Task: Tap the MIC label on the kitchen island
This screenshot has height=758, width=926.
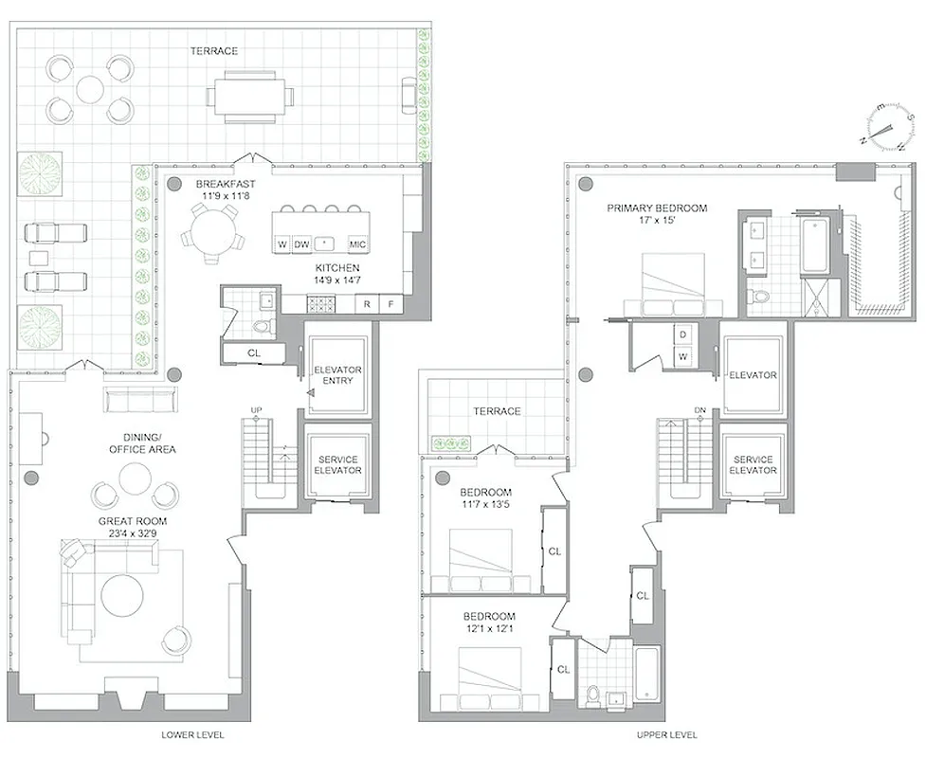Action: (357, 244)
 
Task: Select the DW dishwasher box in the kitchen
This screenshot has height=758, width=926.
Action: (301, 244)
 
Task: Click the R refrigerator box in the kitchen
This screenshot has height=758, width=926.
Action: (367, 305)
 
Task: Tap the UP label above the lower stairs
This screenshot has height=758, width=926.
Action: (255, 409)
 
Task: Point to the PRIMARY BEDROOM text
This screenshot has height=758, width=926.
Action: (657, 208)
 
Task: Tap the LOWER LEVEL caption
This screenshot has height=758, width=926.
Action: (193, 735)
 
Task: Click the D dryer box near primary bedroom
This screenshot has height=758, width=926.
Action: (682, 334)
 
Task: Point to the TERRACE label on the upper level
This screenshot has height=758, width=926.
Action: (498, 411)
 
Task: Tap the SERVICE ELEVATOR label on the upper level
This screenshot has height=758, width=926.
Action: (753, 465)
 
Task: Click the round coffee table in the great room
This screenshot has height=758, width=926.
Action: (123, 596)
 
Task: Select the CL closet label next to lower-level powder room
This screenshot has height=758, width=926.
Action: (252, 352)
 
